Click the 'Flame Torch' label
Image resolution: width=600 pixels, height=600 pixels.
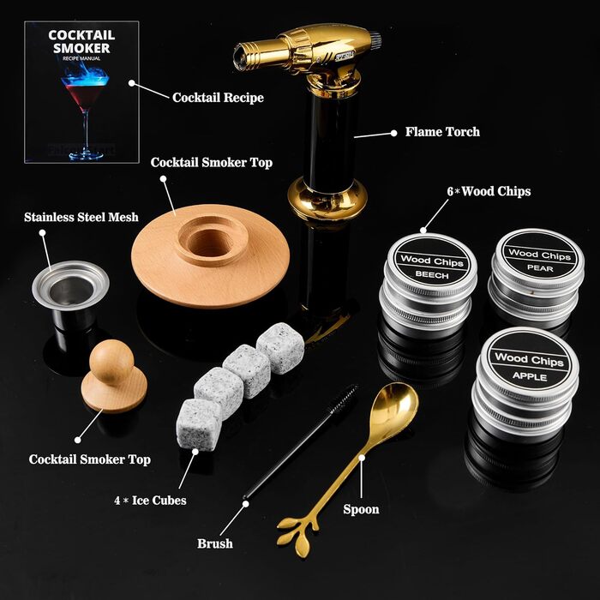[442, 132]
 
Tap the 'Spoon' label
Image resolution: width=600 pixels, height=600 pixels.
[361, 509]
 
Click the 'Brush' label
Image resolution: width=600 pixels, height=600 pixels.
[214, 543]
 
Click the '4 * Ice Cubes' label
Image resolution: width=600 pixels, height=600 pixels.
[150, 500]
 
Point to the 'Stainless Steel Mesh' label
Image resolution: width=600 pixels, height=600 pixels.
[81, 218]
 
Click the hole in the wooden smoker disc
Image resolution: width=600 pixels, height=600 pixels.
[211, 243]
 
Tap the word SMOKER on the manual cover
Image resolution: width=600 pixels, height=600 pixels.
[81, 48]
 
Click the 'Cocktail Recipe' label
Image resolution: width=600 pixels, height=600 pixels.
[218, 98]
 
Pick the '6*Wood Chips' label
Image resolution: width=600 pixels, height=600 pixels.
[489, 191]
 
